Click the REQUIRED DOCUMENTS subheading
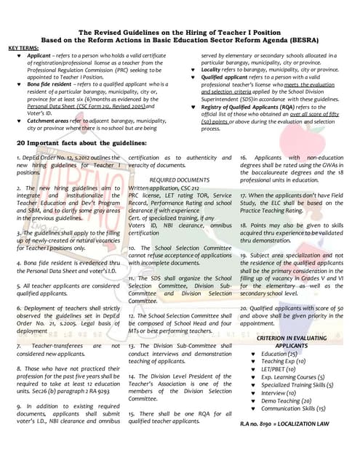click(179, 179)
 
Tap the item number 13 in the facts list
click(132, 346)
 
